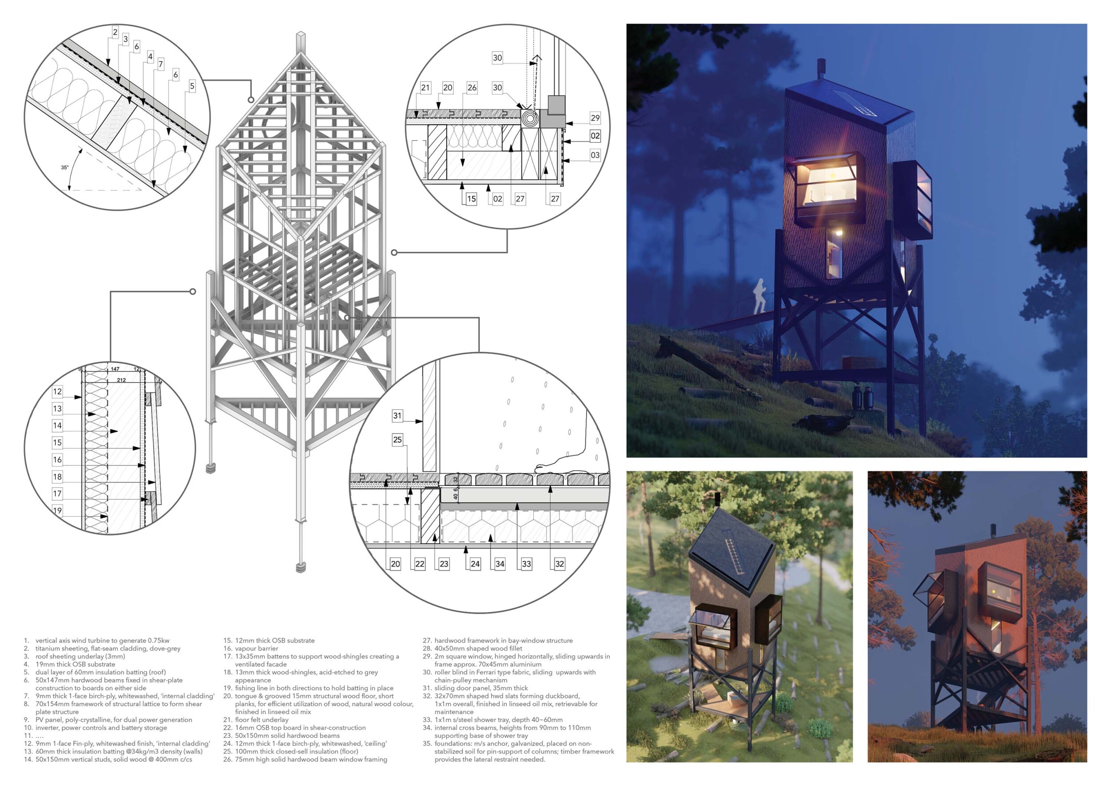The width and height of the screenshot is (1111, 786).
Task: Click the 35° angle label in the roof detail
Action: [x=64, y=168]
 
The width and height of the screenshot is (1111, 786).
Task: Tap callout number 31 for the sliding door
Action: [x=397, y=415]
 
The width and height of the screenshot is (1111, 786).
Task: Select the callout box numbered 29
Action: [x=595, y=118]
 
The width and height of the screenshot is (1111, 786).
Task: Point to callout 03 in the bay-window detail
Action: [x=595, y=155]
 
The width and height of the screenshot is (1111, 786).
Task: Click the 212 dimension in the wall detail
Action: [x=121, y=380]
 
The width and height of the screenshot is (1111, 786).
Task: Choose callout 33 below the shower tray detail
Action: [x=527, y=563]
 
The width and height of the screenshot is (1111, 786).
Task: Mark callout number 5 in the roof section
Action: [x=192, y=86]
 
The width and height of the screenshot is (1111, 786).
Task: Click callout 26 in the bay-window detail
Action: [x=472, y=88]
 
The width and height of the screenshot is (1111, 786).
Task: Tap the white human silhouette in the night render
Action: [x=759, y=295]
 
